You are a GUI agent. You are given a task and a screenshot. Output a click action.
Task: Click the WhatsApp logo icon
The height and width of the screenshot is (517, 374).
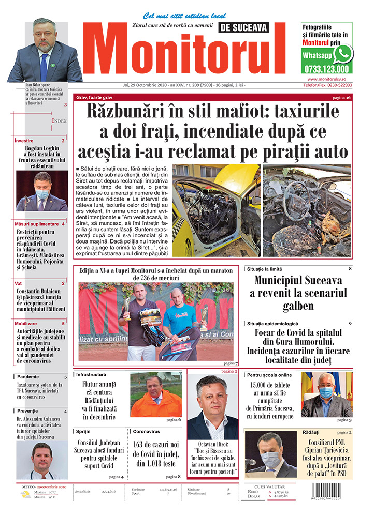coord(343,54)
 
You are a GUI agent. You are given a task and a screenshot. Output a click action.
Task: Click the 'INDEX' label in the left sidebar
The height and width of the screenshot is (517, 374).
coord(59,120)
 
